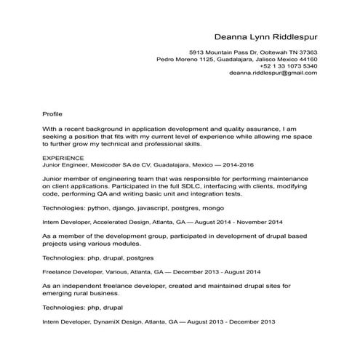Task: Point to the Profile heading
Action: click(x=53, y=114)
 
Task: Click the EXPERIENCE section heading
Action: click(x=64, y=156)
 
